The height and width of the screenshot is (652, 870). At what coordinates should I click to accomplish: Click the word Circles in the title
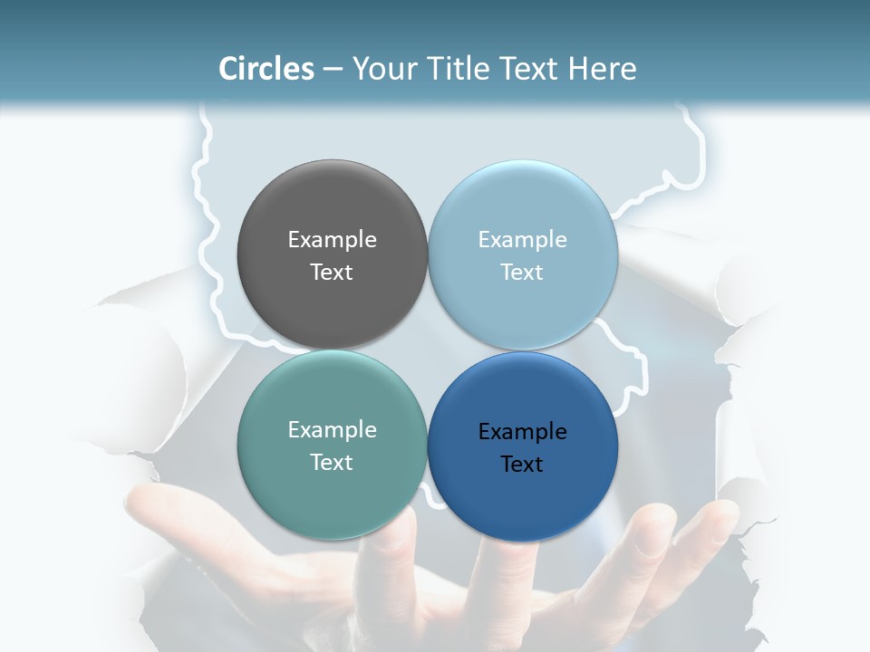coord(266,69)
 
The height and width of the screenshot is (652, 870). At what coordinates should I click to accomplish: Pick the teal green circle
coord(332,489)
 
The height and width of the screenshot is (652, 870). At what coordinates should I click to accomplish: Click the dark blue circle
coord(523,498)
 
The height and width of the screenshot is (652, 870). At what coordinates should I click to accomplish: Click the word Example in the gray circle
coord(332,240)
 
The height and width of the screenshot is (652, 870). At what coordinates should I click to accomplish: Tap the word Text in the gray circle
coord(332,273)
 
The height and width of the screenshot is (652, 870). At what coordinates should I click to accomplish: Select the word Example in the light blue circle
coord(523,240)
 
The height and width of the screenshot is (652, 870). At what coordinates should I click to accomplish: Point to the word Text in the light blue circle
coord(523,273)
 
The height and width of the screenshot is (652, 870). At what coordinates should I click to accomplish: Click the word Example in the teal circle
coord(332,430)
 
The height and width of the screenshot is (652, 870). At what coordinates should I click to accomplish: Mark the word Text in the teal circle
coord(332,463)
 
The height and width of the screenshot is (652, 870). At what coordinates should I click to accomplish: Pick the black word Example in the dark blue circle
coord(523,432)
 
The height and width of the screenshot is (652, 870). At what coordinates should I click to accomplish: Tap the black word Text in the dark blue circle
coord(523,465)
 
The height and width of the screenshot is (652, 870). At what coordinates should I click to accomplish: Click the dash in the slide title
coord(333,70)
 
